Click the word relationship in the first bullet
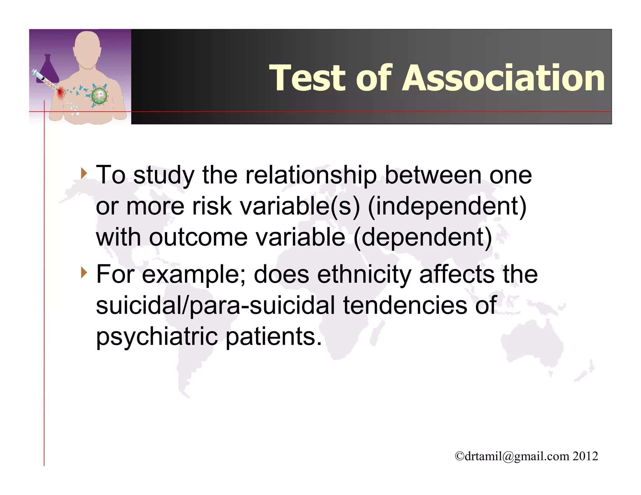pyautogui.click(x=311, y=175)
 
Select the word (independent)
pyautogui.click(x=447, y=206)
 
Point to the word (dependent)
pyautogui.click(x=423, y=237)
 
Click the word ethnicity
pyautogui.click(x=364, y=274)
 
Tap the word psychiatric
pyautogui.click(x=156, y=337)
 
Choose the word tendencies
pyautogui.click(x=405, y=305)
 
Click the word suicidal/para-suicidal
pyautogui.click(x=215, y=305)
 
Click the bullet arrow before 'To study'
pyautogui.click(x=83, y=173)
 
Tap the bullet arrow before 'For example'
pyautogui.click(x=83, y=273)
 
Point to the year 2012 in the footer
pyautogui.click(x=585, y=456)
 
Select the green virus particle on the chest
pyautogui.click(x=99, y=96)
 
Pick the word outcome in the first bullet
pyautogui.click(x=198, y=237)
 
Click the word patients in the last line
pyautogui.click(x=273, y=337)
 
